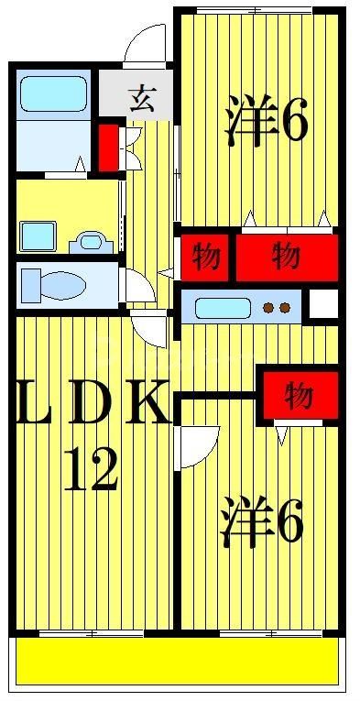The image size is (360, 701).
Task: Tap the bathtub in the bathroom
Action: [x=53, y=94]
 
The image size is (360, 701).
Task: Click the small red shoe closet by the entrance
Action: [x=108, y=147]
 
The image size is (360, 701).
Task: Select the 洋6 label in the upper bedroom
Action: [x=265, y=126]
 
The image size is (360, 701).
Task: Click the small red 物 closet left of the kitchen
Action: [x=204, y=257]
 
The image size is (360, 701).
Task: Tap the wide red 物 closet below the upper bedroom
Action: [x=286, y=257]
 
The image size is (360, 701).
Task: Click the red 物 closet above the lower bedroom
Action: [x=299, y=397]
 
